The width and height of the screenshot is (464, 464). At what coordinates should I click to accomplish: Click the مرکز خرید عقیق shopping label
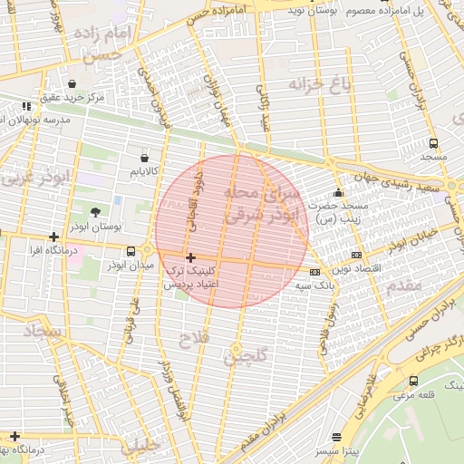(x=72, y=96)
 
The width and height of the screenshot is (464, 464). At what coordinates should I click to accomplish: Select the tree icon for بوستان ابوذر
(x=96, y=186)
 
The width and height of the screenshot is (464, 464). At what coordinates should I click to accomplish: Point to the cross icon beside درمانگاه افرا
(x=53, y=237)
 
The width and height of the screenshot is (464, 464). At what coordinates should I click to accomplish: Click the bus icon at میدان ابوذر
(x=131, y=251)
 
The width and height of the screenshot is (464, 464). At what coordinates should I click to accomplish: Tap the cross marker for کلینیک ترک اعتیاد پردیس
(x=189, y=258)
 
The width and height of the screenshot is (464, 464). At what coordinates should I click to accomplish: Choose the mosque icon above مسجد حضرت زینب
(x=339, y=192)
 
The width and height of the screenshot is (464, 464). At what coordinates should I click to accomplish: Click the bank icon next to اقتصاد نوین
(x=356, y=256)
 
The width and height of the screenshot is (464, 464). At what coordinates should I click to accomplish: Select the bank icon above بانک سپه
(x=314, y=272)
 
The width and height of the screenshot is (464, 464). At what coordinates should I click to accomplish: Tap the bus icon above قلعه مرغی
(x=414, y=381)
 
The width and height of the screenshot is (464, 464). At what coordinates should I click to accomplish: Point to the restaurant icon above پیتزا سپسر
(x=337, y=437)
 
